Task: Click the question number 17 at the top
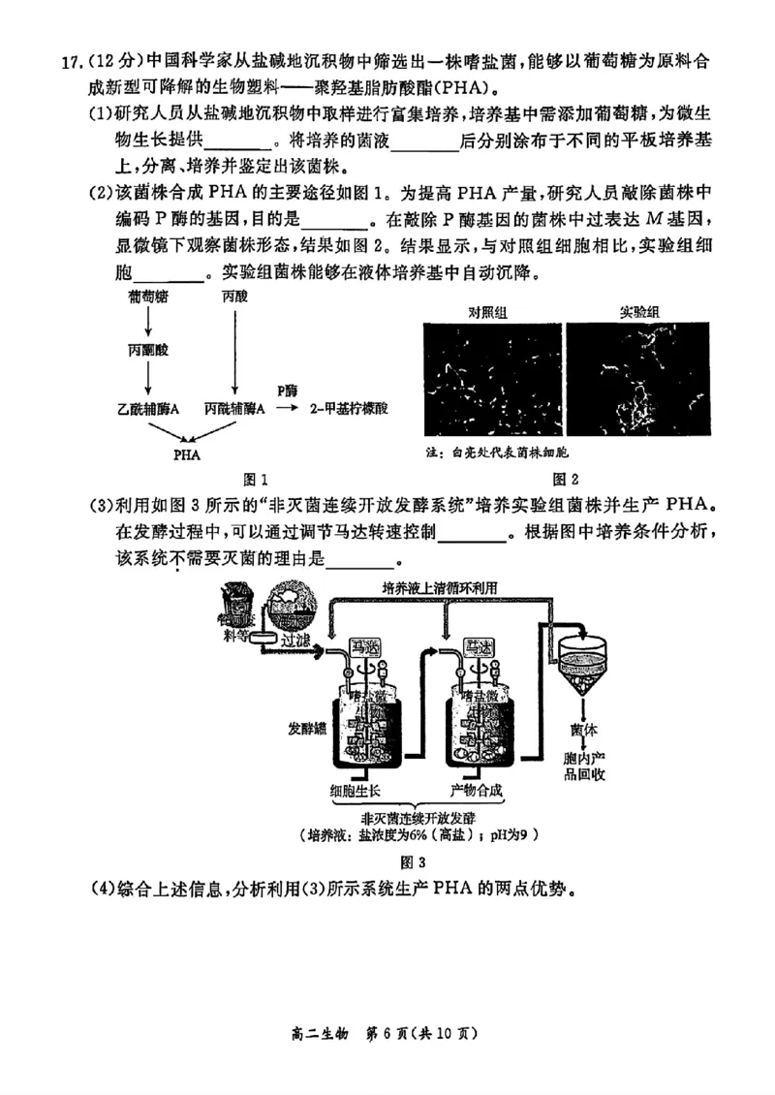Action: pos(72,62)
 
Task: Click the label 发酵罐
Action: pos(306,727)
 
